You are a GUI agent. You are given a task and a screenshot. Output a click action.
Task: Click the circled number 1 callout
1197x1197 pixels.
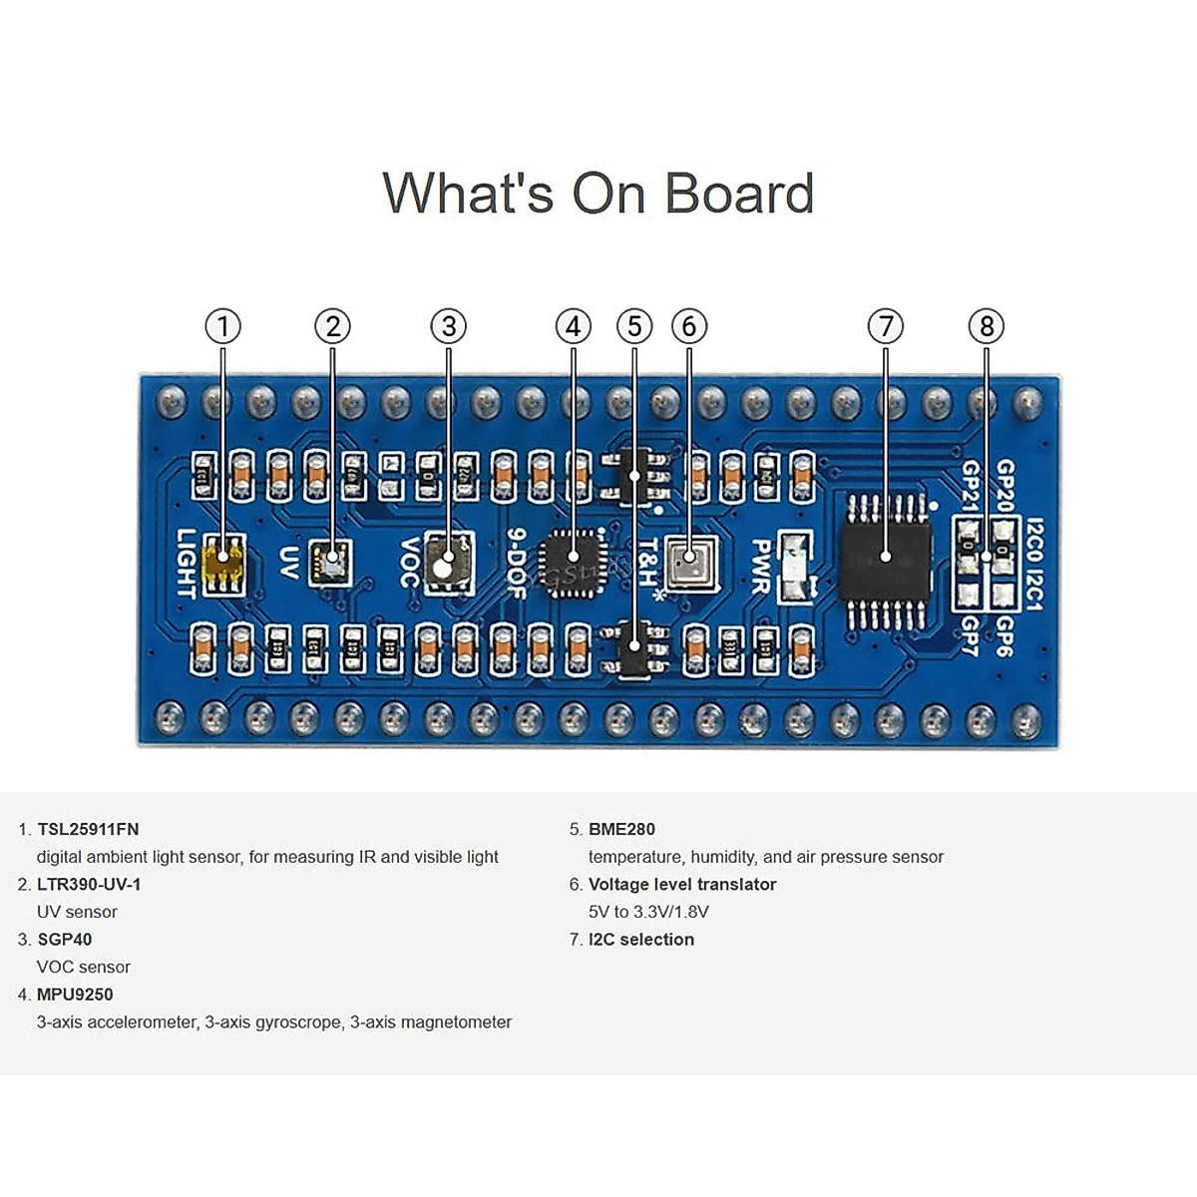pyautogui.click(x=223, y=326)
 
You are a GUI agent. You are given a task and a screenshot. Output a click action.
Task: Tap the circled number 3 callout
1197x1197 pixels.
pyautogui.click(x=449, y=326)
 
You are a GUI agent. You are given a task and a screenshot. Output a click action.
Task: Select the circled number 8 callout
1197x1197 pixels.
pyautogui.click(x=987, y=326)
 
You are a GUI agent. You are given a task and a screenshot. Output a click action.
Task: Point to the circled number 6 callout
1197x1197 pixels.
pyautogui.click(x=689, y=326)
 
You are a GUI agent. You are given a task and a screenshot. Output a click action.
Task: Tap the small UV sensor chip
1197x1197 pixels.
pyautogui.click(x=329, y=562)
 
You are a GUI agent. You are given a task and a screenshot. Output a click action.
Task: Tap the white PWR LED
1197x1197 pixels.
pyautogui.click(x=792, y=567)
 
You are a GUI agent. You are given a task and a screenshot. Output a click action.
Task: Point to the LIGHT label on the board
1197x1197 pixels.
pyautogui.click(x=186, y=564)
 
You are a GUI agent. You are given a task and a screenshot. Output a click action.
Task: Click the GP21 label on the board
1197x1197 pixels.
pyautogui.click(x=971, y=486)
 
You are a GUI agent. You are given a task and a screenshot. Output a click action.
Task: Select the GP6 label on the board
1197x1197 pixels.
pyautogui.click(x=1004, y=635)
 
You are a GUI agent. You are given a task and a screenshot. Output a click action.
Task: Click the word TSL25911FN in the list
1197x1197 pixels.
pyautogui.click(x=88, y=829)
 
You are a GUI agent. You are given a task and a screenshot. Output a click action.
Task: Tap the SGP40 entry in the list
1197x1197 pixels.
pyautogui.click(x=64, y=939)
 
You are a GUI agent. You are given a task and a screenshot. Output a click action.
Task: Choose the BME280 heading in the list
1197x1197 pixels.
pyautogui.click(x=621, y=829)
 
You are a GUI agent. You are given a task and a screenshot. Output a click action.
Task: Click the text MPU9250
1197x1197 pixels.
pyautogui.click(x=75, y=995)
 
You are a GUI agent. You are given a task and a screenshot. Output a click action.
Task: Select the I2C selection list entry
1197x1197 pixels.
pyautogui.click(x=640, y=939)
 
